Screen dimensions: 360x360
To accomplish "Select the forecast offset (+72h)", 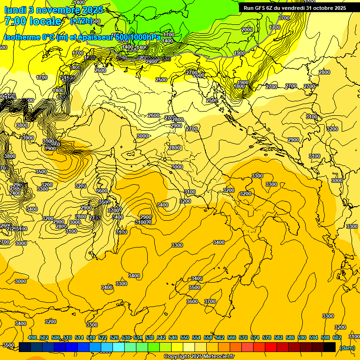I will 81,21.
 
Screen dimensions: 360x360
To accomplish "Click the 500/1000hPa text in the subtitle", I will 137,37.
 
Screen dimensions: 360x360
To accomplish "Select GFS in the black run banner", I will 260,7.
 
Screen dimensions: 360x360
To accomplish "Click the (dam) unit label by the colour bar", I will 347,348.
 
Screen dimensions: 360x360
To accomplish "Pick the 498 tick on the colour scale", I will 32,337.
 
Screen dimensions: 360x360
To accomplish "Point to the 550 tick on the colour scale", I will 185,337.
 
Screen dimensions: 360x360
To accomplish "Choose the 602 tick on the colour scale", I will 337,337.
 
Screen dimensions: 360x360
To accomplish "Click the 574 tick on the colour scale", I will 255,337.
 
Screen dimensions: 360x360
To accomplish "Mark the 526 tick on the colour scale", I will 114,337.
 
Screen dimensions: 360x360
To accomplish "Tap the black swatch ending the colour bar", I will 330,347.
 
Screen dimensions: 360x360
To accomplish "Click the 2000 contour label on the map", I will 247,30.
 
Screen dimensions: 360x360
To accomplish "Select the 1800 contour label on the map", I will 240,86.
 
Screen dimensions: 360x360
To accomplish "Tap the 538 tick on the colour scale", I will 150,337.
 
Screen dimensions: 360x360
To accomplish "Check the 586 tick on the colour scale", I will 290,337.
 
